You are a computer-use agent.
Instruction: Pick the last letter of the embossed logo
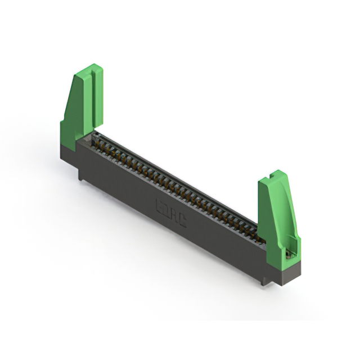pos(182,222)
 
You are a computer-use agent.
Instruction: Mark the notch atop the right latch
pos(276,175)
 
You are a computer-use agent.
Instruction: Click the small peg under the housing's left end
pos(82,177)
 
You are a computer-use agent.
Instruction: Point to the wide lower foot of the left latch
pos(70,135)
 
